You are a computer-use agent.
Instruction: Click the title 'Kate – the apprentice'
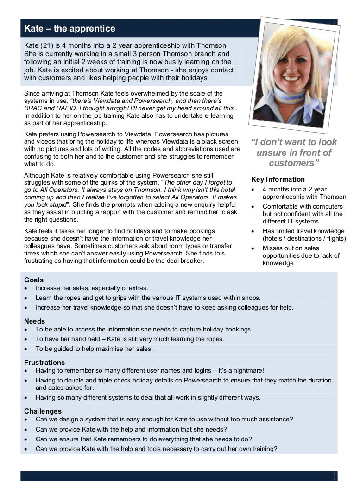(69, 29)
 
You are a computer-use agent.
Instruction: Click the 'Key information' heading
(278, 179)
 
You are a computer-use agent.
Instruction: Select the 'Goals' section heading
(34, 280)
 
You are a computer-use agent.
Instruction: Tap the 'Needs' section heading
(35, 321)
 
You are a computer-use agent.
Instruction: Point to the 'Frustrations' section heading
(44, 363)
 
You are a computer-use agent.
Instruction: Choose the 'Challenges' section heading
(43, 411)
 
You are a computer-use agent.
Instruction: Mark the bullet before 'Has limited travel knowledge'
(252, 231)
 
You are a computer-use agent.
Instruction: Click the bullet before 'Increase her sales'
(25, 288)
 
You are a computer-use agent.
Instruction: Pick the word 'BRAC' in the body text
(33, 108)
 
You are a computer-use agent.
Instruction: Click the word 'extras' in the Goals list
(138, 288)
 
